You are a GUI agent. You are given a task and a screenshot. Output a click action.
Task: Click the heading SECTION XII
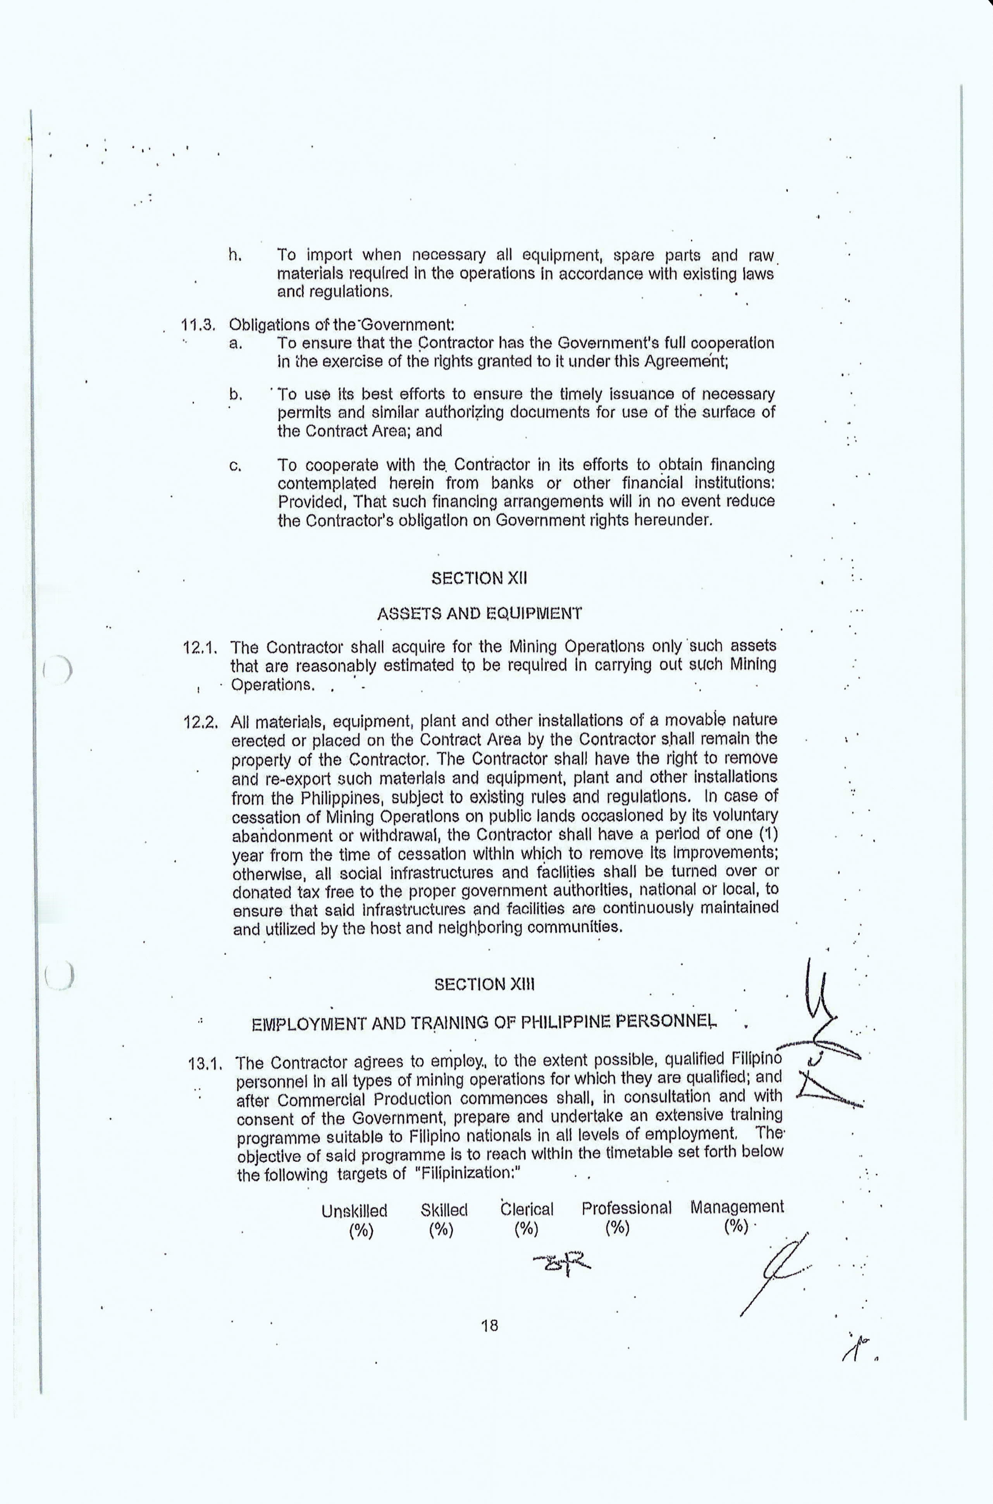point(479,579)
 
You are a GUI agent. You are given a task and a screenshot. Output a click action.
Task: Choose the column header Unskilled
point(354,1211)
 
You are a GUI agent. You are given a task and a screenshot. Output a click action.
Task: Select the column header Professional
point(626,1208)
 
